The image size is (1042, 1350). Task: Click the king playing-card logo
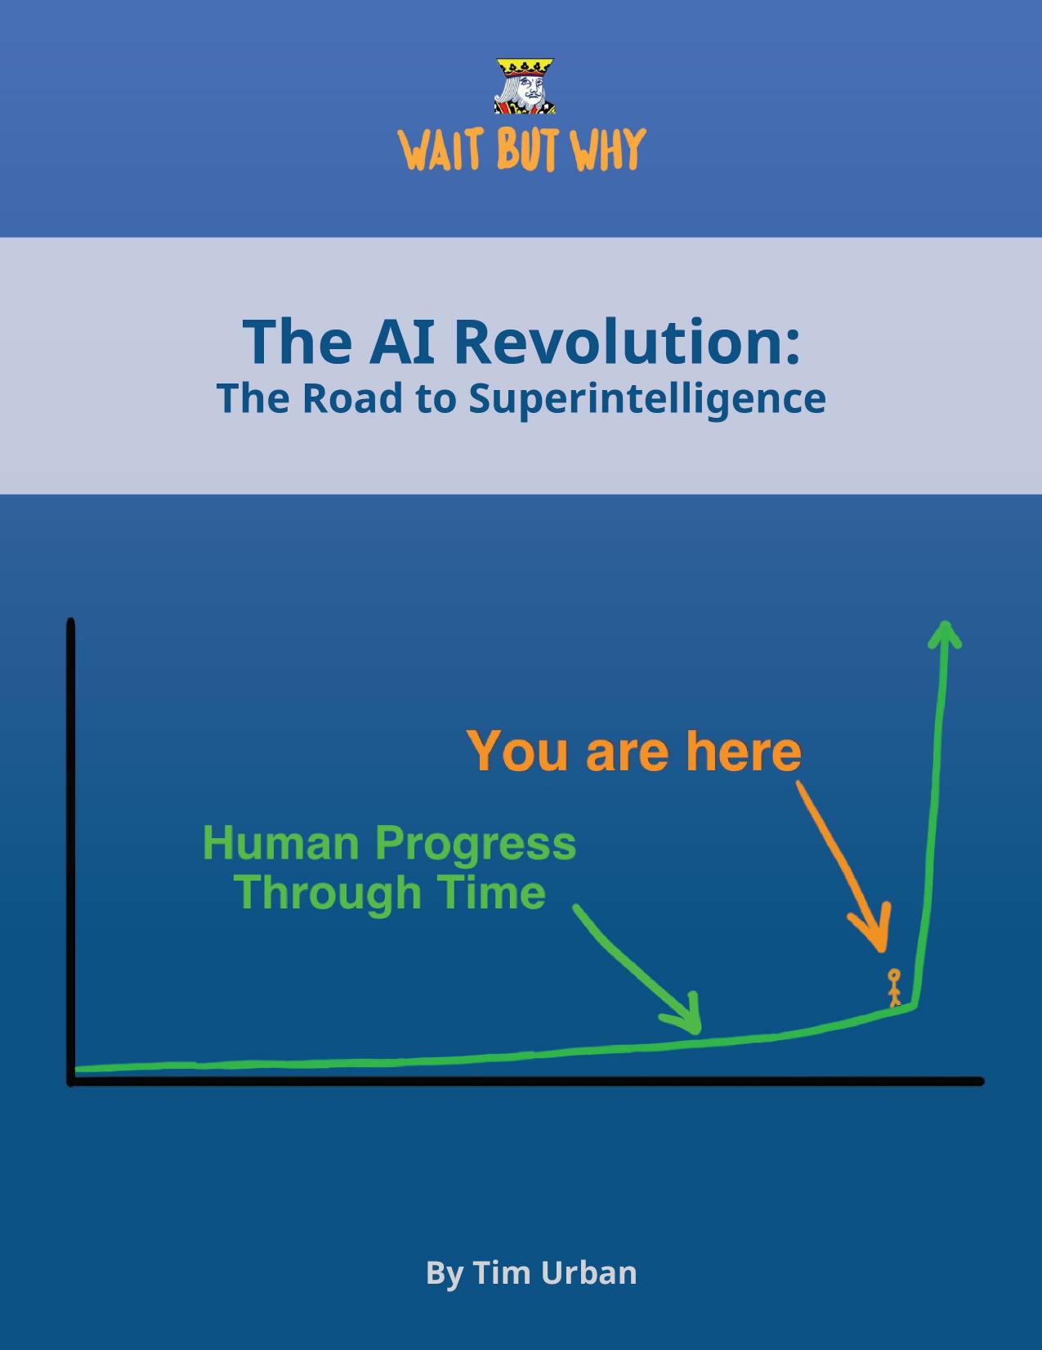click(x=525, y=86)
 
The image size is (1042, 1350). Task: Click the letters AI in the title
click(x=400, y=341)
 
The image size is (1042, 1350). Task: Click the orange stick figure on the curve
click(x=894, y=988)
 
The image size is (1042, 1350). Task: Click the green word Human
click(x=280, y=843)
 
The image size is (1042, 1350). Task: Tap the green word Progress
click(x=476, y=845)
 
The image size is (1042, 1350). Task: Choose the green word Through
click(x=328, y=892)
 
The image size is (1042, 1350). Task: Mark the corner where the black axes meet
click(x=72, y=1081)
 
